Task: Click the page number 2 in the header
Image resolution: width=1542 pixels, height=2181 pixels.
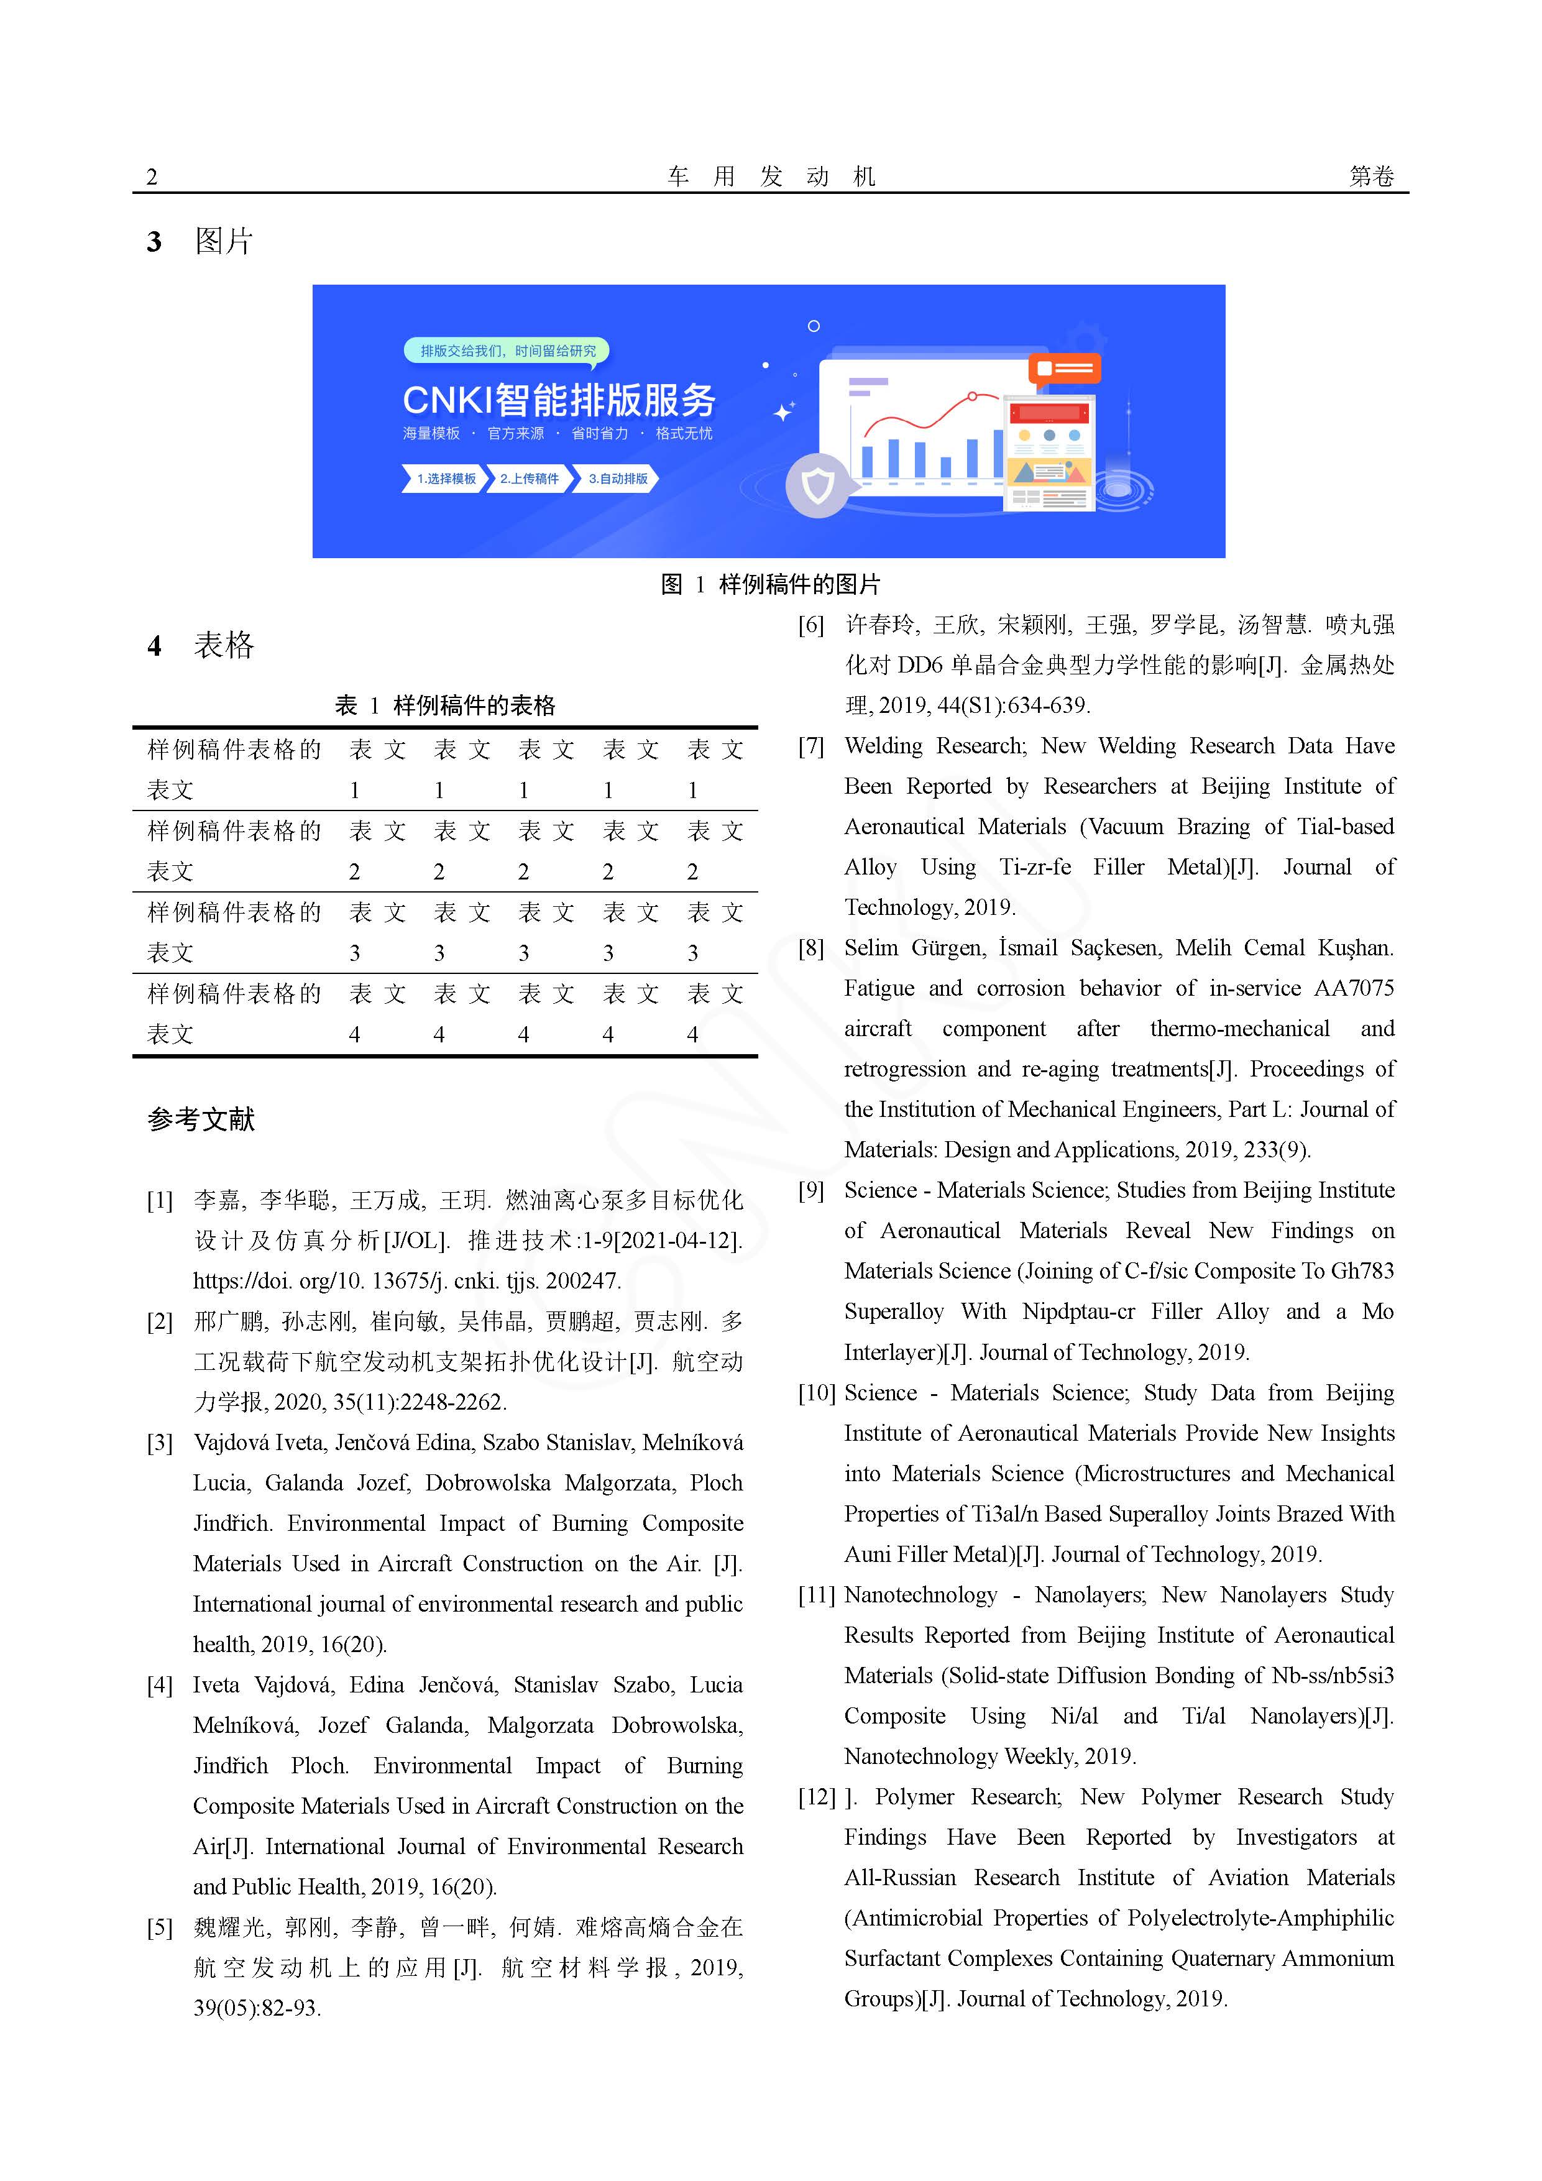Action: pos(152,177)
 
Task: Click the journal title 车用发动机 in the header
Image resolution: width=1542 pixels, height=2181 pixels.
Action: pos(771,177)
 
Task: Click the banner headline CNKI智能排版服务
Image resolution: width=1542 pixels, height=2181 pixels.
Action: pos(559,400)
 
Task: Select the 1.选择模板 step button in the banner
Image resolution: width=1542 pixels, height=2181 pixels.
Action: pos(444,479)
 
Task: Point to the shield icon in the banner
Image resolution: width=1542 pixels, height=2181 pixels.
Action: pos(817,486)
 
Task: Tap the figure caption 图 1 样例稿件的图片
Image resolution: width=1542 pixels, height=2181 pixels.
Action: pos(771,584)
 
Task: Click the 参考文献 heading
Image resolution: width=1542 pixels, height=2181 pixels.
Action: pos(201,1119)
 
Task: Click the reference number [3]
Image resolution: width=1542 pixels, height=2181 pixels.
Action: pos(160,1443)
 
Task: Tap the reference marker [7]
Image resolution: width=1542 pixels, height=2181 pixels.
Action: pos(811,746)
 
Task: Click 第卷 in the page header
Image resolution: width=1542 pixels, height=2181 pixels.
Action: pos(1371,177)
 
